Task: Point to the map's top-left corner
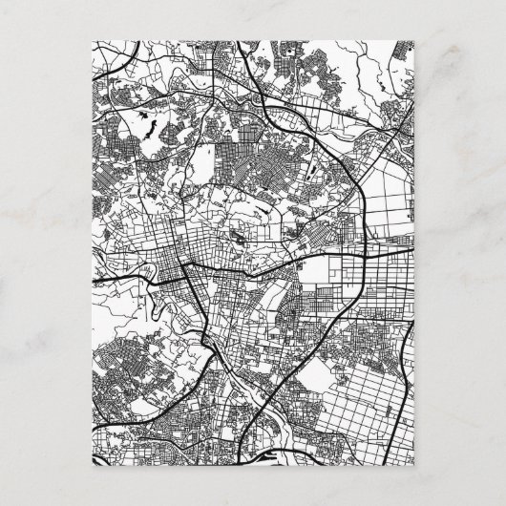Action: pos(93,41)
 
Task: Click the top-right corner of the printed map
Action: pos(414,41)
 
